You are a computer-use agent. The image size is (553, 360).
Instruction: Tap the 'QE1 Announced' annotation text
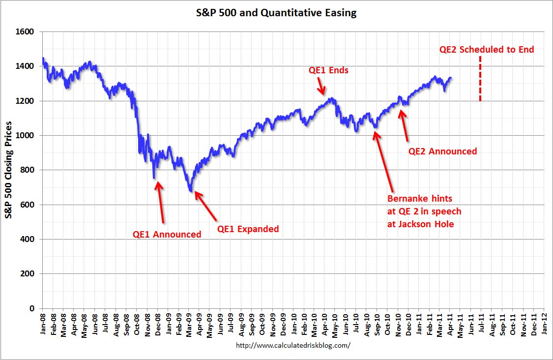tap(167, 235)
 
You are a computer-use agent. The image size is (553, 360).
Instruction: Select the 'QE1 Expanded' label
tap(248, 229)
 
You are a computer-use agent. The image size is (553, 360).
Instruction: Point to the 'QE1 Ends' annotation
tap(328, 70)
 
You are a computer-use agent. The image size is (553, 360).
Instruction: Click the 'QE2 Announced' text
tap(442, 151)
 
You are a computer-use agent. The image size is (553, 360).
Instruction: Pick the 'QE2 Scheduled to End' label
tap(486, 50)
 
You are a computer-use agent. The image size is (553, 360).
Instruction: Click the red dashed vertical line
tap(480, 79)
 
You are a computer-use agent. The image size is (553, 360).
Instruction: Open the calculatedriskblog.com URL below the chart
tap(293, 346)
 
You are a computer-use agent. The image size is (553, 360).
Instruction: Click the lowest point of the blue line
tap(191, 191)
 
